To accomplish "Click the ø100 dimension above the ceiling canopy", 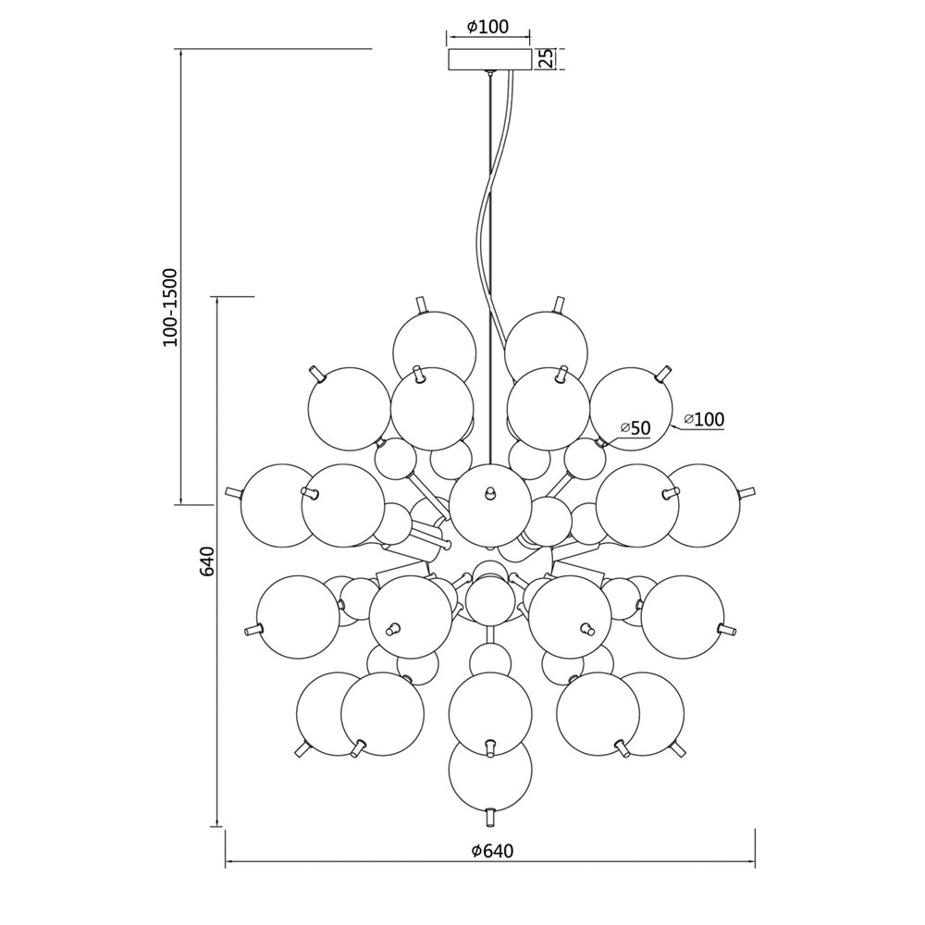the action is point(487,27).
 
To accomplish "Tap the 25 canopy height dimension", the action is point(547,59).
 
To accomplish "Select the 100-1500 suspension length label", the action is point(170,307).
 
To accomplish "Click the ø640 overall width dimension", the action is point(493,850).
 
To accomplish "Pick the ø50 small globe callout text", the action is point(635,428).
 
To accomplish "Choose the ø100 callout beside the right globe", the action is point(704,419).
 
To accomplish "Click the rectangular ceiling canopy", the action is point(489,59).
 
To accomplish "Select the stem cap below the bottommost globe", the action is point(489,818).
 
